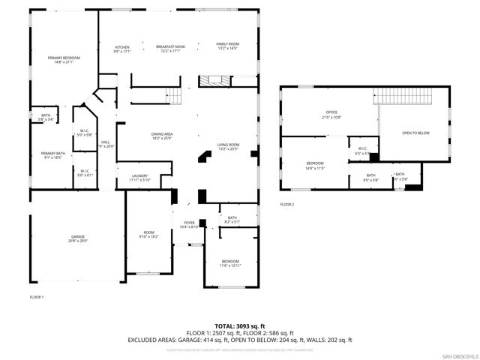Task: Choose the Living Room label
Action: point(228,146)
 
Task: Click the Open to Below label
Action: point(415,133)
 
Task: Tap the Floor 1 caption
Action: point(37,297)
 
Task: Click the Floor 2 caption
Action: point(287,204)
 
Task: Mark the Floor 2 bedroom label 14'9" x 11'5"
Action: point(315,166)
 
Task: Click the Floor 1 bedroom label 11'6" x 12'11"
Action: point(231,263)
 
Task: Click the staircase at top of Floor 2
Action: point(404,96)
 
